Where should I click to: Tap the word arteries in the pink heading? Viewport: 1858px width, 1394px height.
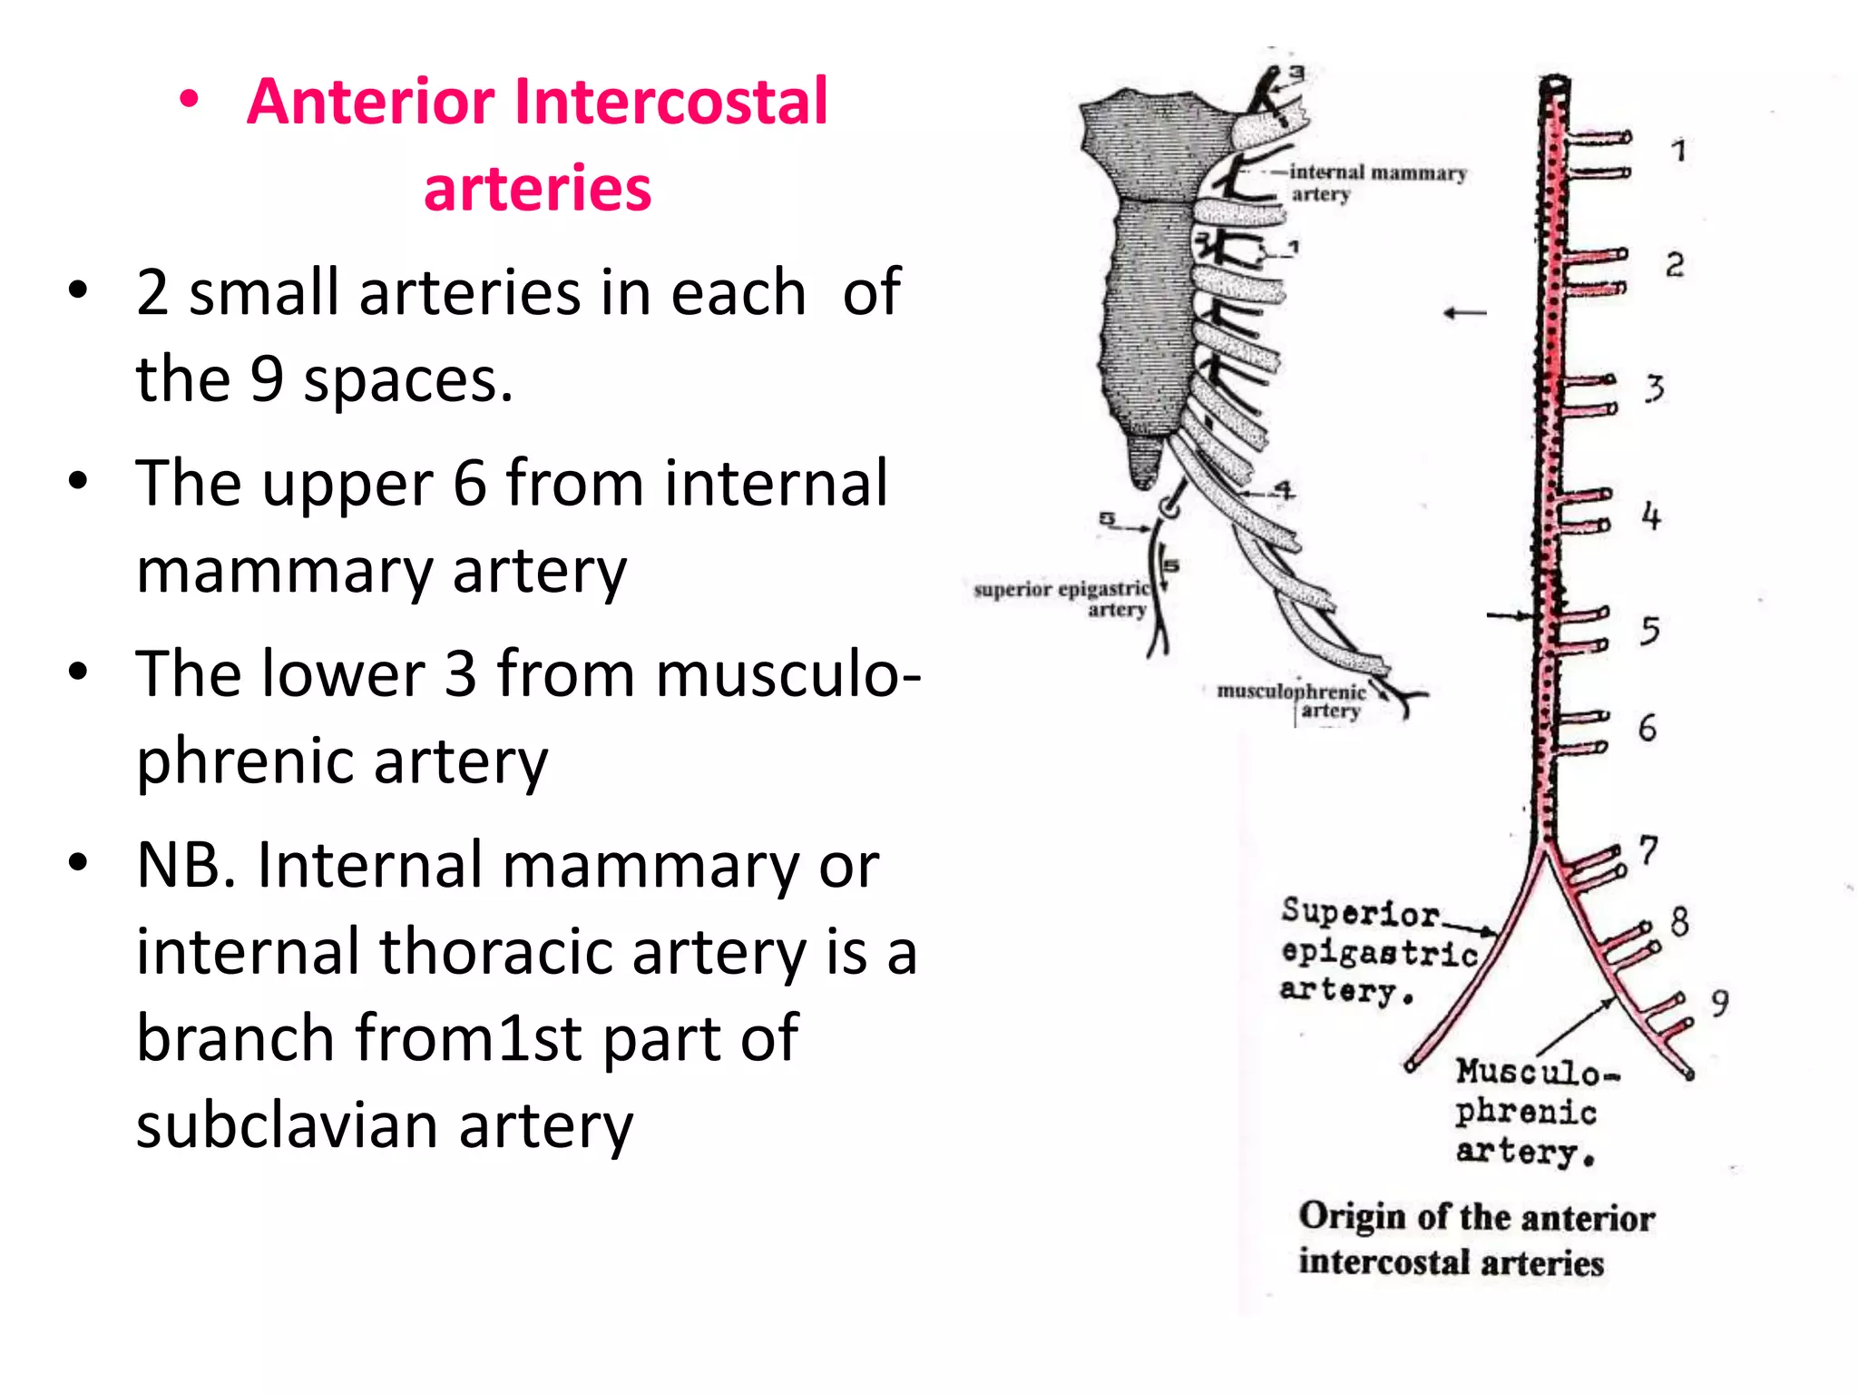pyautogui.click(x=537, y=189)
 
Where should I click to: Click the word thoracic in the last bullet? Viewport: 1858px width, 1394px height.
pyautogui.click(x=494, y=953)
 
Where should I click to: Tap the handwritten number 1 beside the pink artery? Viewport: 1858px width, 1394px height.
pyautogui.click(x=1679, y=151)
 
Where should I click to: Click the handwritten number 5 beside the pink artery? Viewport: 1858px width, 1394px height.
pyautogui.click(x=1649, y=631)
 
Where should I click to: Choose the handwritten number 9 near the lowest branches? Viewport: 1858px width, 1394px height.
pyautogui.click(x=1719, y=1003)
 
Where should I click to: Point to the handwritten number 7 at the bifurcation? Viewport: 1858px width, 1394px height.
pyautogui.click(x=1648, y=850)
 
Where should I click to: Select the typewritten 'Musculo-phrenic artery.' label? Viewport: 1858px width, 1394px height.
pyautogui.click(x=1533, y=1112)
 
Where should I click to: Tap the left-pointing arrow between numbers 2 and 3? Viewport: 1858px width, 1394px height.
pyautogui.click(x=1464, y=313)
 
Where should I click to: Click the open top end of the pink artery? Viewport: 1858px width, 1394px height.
pyautogui.click(x=1554, y=86)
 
